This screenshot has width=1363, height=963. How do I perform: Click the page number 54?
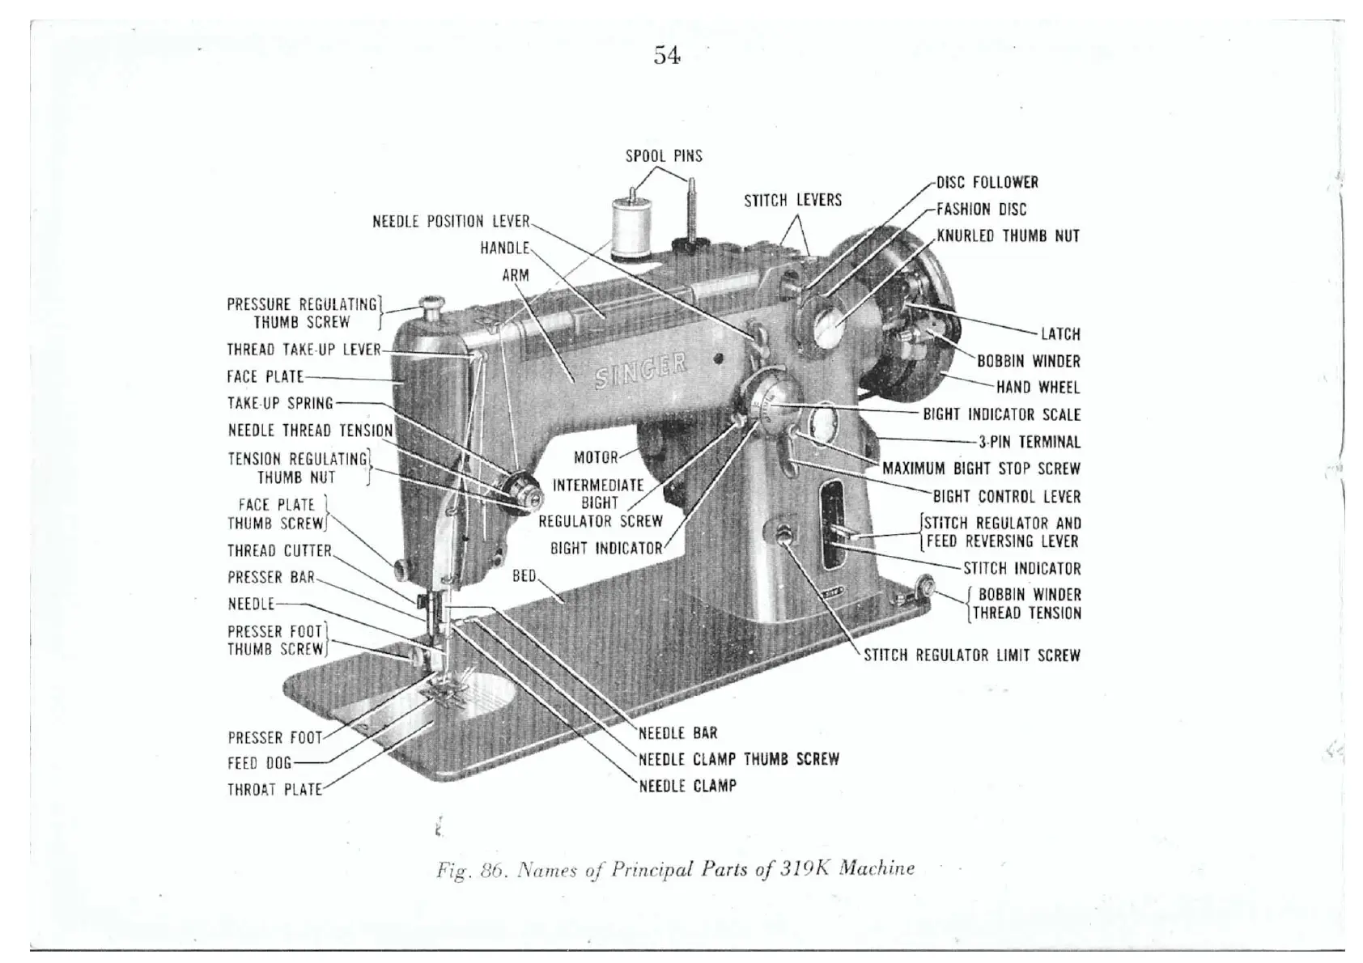[667, 56]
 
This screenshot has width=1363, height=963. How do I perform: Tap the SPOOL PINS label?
[664, 156]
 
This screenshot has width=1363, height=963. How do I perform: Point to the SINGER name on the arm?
[641, 371]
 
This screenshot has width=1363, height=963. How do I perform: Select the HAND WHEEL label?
[1038, 388]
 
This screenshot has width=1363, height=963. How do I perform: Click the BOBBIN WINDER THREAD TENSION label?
[1026, 604]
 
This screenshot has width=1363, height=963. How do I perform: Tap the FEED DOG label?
[259, 763]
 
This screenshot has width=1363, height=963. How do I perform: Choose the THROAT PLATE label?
[274, 790]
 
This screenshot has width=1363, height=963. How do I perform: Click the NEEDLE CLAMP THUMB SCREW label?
[738, 759]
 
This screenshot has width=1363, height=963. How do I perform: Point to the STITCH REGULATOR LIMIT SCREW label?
[971, 655]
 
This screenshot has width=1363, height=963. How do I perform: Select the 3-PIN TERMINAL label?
[1030, 442]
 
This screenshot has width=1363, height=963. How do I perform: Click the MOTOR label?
[596, 458]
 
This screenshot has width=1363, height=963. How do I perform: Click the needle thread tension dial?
[520, 489]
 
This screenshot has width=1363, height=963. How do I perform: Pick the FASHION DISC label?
[981, 210]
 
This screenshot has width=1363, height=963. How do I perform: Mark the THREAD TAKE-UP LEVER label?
[304, 350]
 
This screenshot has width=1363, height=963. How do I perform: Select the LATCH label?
[1060, 334]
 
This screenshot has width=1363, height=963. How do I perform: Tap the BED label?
[524, 576]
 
